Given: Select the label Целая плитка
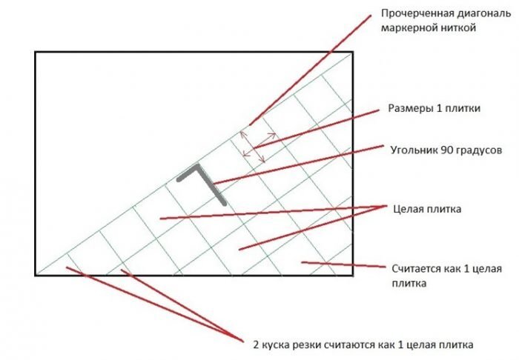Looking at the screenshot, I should coord(428,209).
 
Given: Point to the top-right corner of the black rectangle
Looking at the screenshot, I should coord(353,51).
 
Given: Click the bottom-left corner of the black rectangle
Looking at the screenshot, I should coord(35,275).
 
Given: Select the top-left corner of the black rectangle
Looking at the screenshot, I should coord(35,51).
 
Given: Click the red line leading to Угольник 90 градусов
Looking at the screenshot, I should coord(297,164).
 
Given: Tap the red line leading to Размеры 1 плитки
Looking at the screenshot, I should coord(319,125).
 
